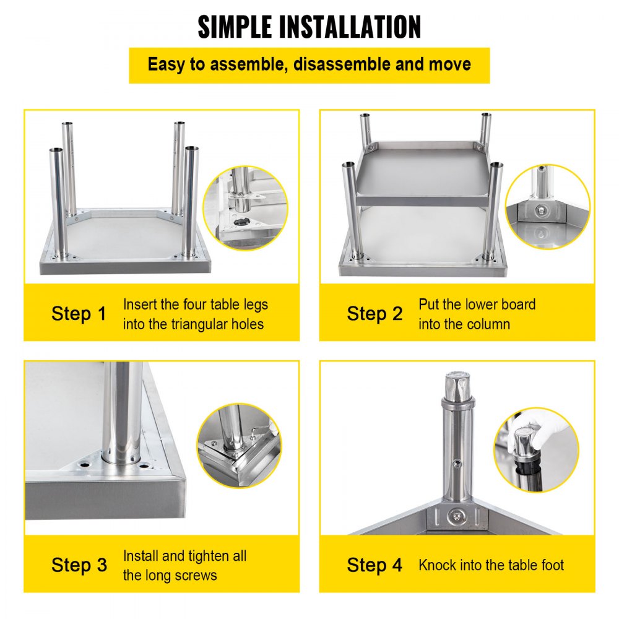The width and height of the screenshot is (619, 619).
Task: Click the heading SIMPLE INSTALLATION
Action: click(x=309, y=27)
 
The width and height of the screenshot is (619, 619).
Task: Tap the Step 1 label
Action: click(x=79, y=314)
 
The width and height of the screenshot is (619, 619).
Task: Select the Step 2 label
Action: click(x=374, y=314)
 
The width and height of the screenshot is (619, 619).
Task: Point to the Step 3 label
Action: click(x=79, y=565)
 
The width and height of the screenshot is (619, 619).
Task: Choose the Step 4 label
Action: click(x=374, y=565)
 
